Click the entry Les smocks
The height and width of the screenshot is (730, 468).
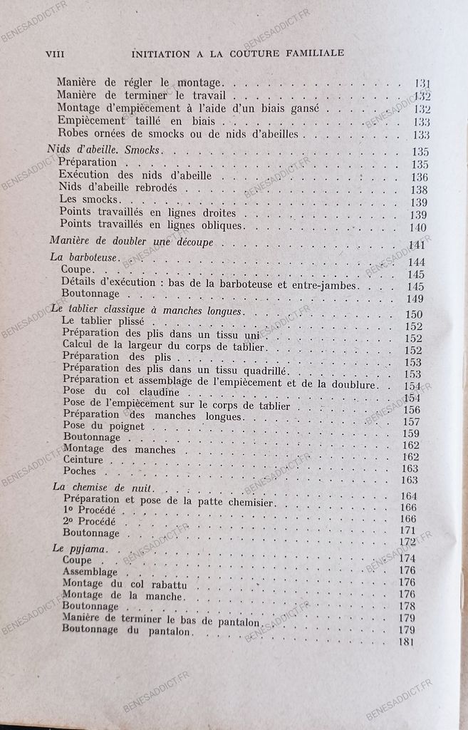point(80,201)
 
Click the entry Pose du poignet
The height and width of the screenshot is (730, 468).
point(103,426)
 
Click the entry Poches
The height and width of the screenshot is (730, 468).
point(79,471)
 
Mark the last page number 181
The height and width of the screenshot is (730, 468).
point(407,642)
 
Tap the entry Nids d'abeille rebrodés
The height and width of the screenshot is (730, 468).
point(118,189)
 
